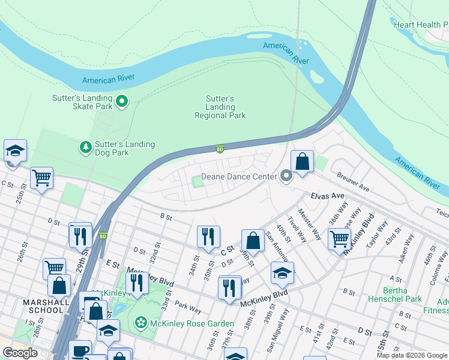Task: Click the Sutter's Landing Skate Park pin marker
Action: (122, 101)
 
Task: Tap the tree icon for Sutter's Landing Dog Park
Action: (86, 146)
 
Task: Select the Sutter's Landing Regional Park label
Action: (220, 107)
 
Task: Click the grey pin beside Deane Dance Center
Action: (286, 176)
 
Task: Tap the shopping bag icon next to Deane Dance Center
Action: (303, 161)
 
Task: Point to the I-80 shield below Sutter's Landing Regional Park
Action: (220, 148)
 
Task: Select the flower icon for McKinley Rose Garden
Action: (141, 323)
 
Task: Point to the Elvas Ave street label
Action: (327, 196)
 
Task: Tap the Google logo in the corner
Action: (20, 353)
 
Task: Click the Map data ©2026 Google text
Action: (411, 355)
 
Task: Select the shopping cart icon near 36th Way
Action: (340, 239)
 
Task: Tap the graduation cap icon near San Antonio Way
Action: (282, 273)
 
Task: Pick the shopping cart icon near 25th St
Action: (41, 178)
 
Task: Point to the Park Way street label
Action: (188, 308)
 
